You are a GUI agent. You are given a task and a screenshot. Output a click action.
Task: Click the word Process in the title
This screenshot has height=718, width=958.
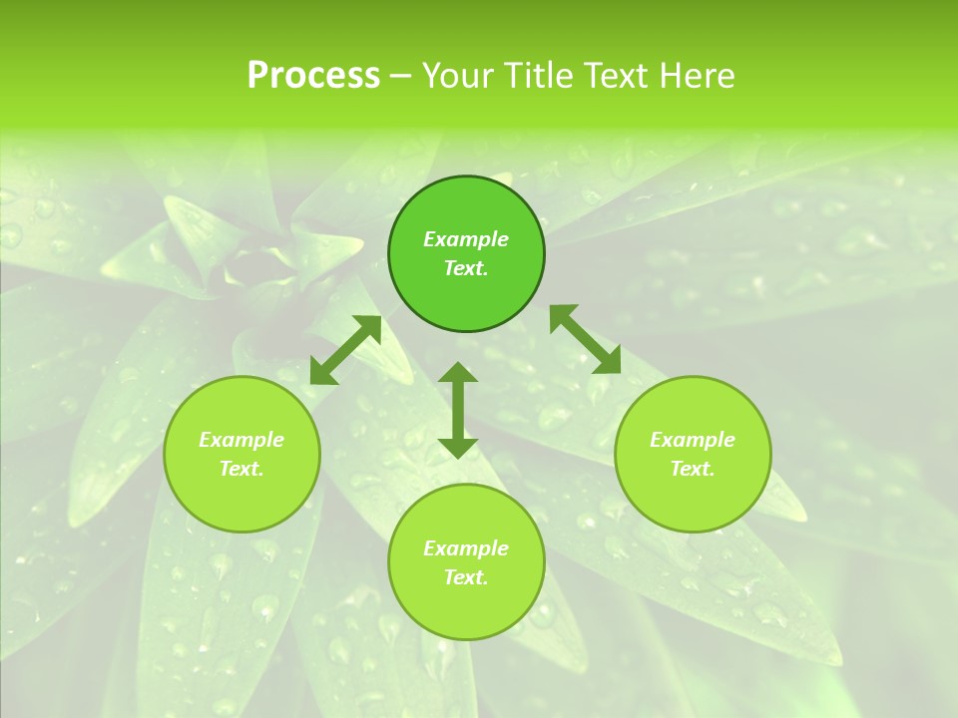pyautogui.click(x=313, y=76)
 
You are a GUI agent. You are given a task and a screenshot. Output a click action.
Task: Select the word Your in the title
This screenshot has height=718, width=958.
pyautogui.click(x=459, y=76)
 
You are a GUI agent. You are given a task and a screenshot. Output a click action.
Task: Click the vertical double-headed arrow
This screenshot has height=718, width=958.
pyautogui.click(x=458, y=410)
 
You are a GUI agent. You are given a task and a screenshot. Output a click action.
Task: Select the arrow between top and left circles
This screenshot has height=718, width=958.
pyautogui.click(x=345, y=350)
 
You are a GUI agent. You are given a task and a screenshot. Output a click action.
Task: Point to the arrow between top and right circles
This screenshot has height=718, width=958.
pyautogui.click(x=585, y=339)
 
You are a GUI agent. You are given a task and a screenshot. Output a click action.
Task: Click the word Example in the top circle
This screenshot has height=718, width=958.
pyautogui.click(x=466, y=239)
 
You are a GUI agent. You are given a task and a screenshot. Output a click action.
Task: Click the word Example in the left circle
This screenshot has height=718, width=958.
pyautogui.click(x=241, y=440)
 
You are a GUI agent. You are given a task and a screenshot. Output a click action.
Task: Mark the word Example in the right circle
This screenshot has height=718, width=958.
pyautogui.click(x=693, y=440)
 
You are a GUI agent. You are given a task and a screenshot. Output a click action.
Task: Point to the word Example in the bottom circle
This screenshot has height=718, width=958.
pyautogui.click(x=466, y=548)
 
